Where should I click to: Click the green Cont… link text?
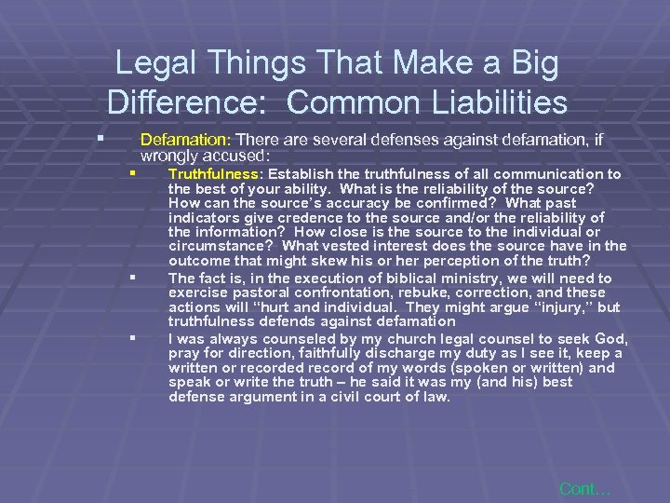pyautogui.click(x=583, y=488)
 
